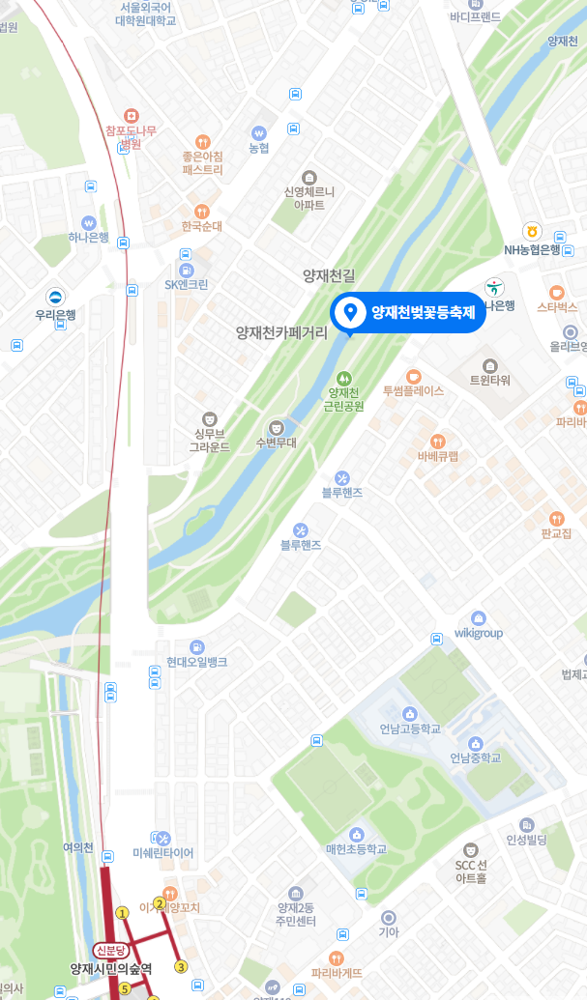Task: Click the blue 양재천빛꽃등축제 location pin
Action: coord(349,312)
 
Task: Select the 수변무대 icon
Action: coord(276,426)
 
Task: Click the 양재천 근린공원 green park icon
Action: coord(343,377)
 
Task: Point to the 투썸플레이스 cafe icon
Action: coord(413,376)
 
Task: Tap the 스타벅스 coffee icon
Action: coord(556,293)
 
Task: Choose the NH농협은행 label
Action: coord(532,249)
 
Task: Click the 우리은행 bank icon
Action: coord(60,298)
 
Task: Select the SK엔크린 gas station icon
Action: coord(187,269)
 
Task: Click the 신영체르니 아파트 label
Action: coord(308,198)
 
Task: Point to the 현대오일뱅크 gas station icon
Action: coord(197,645)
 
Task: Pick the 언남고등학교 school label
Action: coord(410,729)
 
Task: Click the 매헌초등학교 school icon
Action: coord(356,833)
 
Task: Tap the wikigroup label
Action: coord(479,633)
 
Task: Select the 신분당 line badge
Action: coord(110,950)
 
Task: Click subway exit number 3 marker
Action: coord(180,966)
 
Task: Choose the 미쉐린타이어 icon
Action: coord(162,838)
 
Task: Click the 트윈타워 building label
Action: coord(489,380)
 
